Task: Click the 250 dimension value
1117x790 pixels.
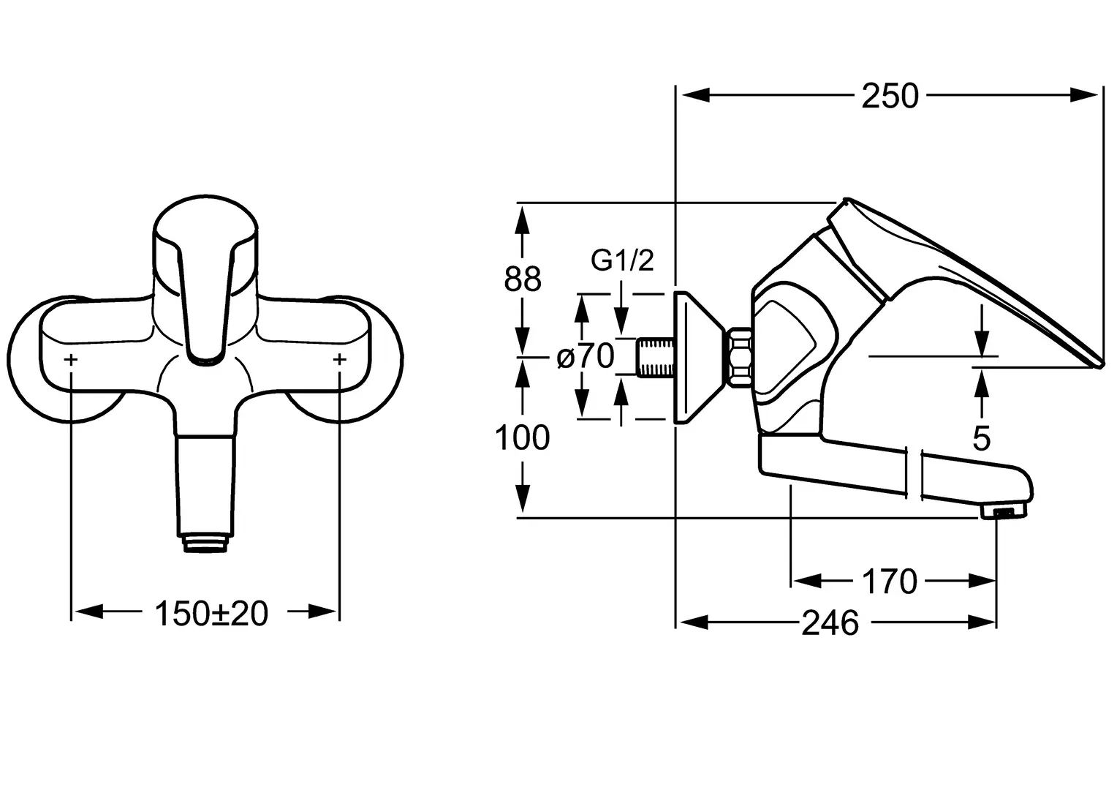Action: pyautogui.click(x=890, y=96)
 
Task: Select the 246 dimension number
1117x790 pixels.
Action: pyautogui.click(x=830, y=622)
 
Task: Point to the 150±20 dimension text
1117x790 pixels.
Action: pyautogui.click(x=211, y=613)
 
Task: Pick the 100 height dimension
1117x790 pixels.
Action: pyautogui.click(x=522, y=437)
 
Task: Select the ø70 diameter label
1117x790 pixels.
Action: pyautogui.click(x=586, y=356)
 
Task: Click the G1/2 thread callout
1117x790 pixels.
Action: pyautogui.click(x=622, y=260)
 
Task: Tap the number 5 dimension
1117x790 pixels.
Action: pyautogui.click(x=981, y=439)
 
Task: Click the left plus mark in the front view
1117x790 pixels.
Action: pyautogui.click(x=71, y=359)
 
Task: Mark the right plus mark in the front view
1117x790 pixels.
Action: pyautogui.click(x=340, y=359)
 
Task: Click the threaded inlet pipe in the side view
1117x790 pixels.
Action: pyautogui.click(x=656, y=357)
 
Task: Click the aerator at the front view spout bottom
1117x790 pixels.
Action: pyautogui.click(x=205, y=543)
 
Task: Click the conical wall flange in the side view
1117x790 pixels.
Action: pyautogui.click(x=699, y=358)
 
